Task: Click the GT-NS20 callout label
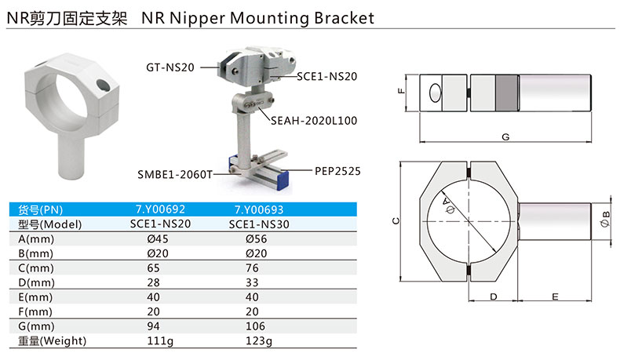point(170,67)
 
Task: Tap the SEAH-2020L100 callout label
point(314,121)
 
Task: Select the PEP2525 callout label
point(337,171)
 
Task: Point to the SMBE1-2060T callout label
point(175,174)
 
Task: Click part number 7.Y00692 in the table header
point(161,209)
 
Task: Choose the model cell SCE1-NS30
point(259,224)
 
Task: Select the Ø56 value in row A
point(256,238)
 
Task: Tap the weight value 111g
point(160,340)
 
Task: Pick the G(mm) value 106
point(255,326)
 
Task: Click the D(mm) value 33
point(252,282)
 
